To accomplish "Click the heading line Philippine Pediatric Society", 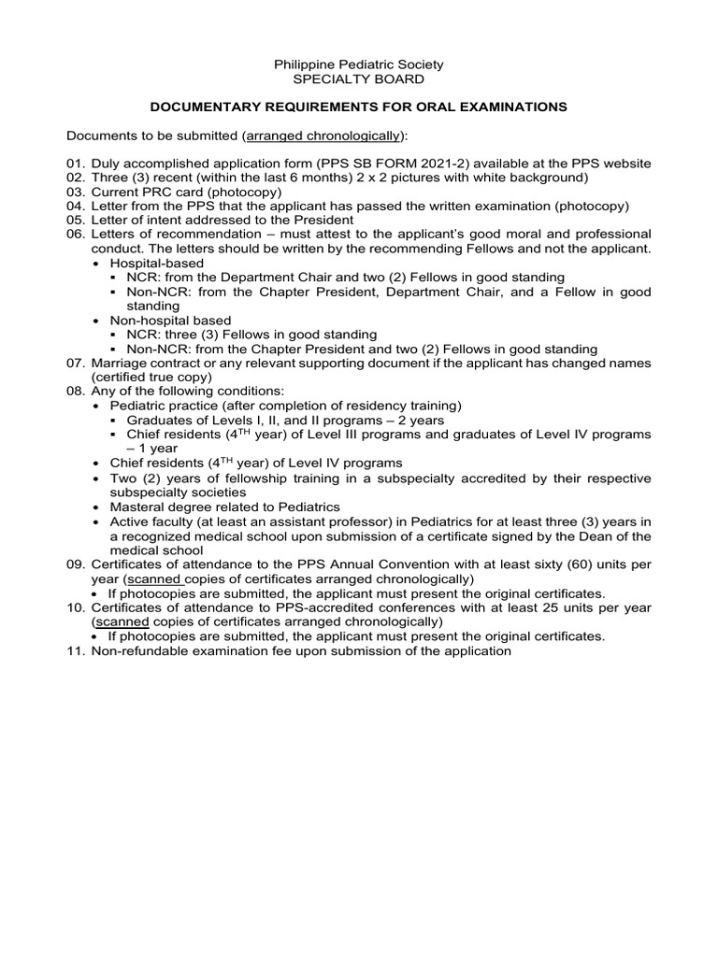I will tap(358, 64).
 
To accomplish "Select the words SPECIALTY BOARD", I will tap(358, 79).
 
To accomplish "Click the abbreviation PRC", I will tap(154, 192).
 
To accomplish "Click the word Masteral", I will tap(139, 507).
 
